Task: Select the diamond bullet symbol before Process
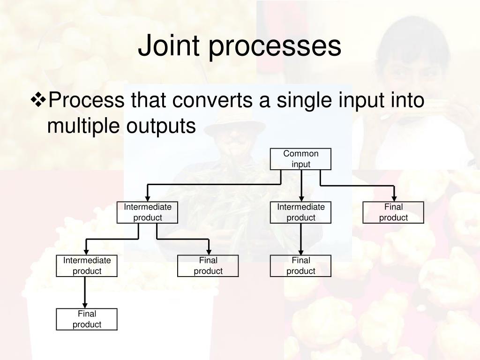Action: click(38, 100)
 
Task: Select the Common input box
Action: click(300, 159)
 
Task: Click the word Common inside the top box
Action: click(300, 154)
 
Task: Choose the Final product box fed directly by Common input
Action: click(393, 212)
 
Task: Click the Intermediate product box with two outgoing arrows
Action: click(147, 212)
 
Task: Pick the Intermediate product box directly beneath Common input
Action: click(300, 212)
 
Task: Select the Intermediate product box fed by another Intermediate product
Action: click(87, 266)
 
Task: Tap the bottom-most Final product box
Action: click(87, 319)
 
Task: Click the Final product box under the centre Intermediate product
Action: click(300, 266)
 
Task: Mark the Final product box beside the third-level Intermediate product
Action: click(208, 266)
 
